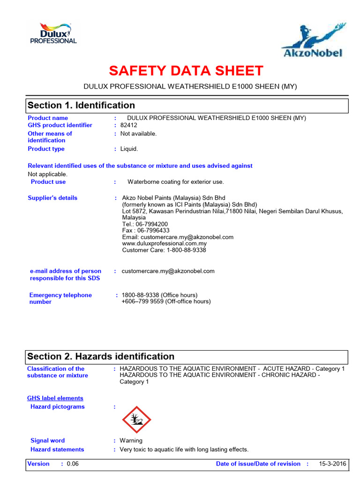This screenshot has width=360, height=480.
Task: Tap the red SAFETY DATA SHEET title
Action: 186,71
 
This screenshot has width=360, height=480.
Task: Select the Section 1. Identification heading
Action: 81,105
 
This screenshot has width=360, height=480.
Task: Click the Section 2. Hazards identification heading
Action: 101,357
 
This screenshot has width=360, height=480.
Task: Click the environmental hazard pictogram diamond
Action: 136,420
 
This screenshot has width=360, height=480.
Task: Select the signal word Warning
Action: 131,441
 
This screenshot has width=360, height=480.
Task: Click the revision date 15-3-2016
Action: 333,464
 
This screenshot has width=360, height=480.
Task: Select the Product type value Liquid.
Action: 129,149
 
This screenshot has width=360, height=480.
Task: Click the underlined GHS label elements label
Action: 55,398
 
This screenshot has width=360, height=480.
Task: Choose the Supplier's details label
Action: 52,198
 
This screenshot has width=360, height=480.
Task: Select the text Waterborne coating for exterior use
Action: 176,182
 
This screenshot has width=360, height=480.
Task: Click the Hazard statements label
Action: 57,450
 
